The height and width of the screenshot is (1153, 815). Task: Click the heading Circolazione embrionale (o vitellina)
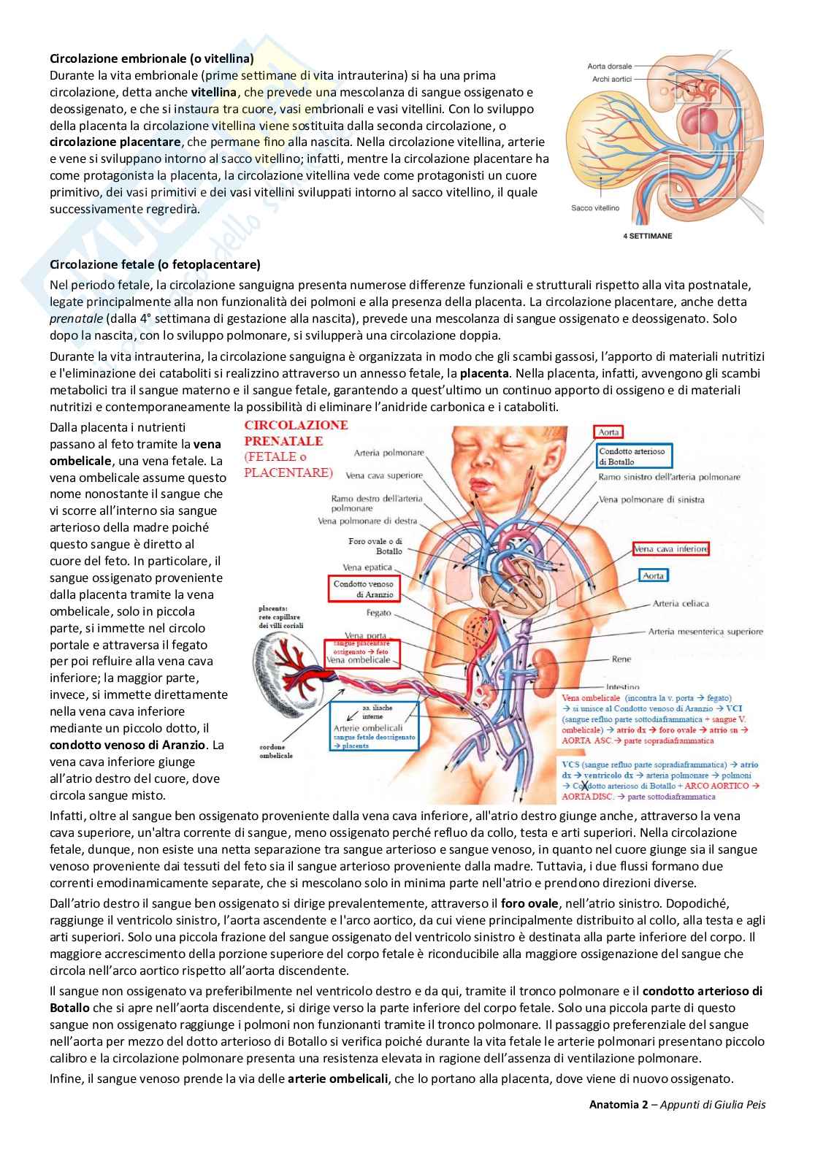[151, 58]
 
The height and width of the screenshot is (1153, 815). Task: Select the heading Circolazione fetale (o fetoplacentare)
[155, 264]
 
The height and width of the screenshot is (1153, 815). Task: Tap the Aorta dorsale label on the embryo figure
[610, 66]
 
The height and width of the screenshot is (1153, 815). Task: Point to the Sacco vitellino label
[595, 208]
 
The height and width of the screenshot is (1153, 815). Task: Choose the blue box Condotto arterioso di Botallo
[633, 456]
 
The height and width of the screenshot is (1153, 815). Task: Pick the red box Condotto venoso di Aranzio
[363, 589]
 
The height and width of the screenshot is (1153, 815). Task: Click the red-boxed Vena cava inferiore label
[670, 549]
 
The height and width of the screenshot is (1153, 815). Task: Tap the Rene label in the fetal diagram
[621, 659]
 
